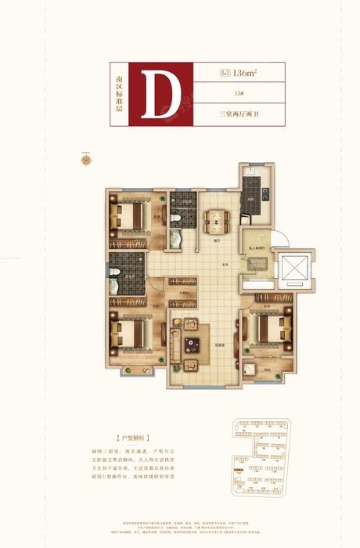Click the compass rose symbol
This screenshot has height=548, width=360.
point(86,161)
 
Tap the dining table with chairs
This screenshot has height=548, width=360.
point(213,218)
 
